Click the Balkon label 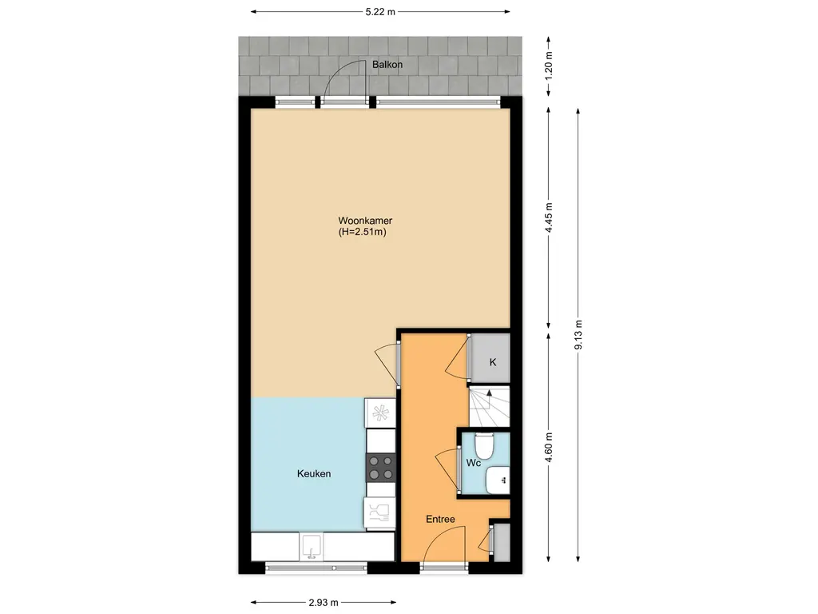click(x=387, y=65)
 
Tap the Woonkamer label click(x=365, y=221)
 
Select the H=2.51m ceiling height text click(x=363, y=233)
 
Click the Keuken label click(x=314, y=473)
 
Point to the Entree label click(x=440, y=519)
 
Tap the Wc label click(x=473, y=463)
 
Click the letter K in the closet click(x=492, y=362)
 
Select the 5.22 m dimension click(x=380, y=11)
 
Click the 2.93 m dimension click(x=324, y=603)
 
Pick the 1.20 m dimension click(x=548, y=66)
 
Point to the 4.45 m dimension click(x=548, y=217)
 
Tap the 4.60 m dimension click(x=548, y=448)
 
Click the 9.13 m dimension click(x=578, y=335)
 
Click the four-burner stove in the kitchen click(x=381, y=467)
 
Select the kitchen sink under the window click(x=312, y=546)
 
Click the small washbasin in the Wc click(x=497, y=480)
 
